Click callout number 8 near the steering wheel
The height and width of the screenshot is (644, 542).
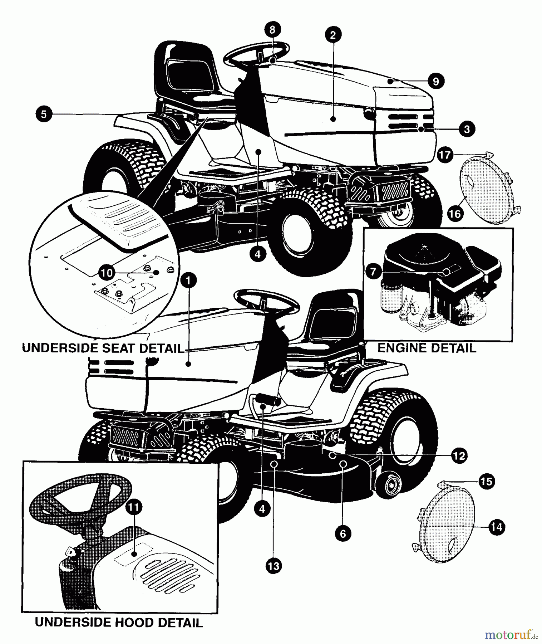[x=272, y=30]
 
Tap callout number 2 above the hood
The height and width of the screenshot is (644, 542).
[x=333, y=35]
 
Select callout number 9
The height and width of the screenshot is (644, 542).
[x=435, y=81]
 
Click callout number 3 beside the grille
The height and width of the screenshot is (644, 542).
[x=466, y=129]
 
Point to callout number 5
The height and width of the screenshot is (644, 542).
[x=44, y=114]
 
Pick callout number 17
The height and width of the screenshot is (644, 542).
[x=445, y=156]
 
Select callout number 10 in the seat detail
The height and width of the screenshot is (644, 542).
[x=107, y=273]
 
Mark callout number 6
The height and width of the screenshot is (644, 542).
[x=343, y=533]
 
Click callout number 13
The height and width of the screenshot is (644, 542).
[x=274, y=566]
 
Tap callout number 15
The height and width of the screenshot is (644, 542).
[x=486, y=481]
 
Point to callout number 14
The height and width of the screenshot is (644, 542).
[x=497, y=527]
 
